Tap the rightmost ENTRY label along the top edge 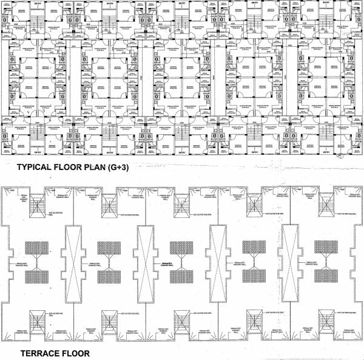pos(326,3)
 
